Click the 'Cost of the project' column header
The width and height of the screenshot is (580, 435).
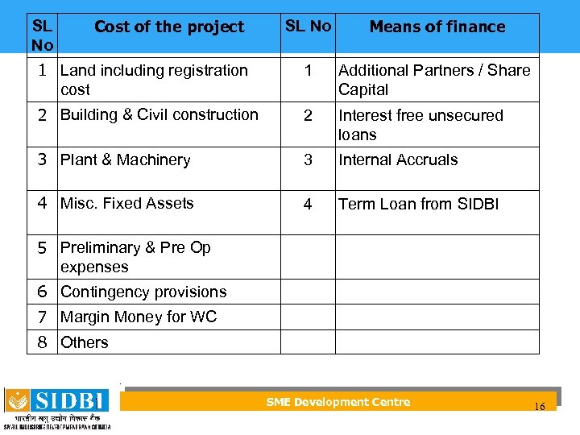tap(168, 27)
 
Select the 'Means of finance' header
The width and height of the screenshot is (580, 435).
tap(437, 27)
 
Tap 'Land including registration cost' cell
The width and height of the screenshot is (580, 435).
tap(154, 80)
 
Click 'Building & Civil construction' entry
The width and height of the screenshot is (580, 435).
tap(159, 114)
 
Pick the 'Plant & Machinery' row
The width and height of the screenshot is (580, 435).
tap(125, 159)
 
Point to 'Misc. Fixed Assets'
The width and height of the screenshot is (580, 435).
tap(126, 203)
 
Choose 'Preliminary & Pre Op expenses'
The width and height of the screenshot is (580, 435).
tap(135, 257)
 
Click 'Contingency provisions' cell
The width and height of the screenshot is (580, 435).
tap(143, 292)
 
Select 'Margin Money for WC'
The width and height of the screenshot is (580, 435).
tap(139, 317)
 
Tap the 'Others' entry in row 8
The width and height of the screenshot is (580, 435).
tap(84, 342)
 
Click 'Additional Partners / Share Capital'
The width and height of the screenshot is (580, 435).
tap(434, 80)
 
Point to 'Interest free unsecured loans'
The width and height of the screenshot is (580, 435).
tap(420, 125)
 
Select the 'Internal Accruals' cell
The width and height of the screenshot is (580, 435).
tap(398, 159)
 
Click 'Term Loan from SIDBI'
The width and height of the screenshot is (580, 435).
tap(418, 204)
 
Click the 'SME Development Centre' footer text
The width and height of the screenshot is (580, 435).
tap(338, 402)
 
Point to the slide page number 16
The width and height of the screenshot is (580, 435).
tap(539, 407)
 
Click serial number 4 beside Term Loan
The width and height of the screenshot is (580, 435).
tap(308, 204)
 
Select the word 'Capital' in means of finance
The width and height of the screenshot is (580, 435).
tap(363, 89)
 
